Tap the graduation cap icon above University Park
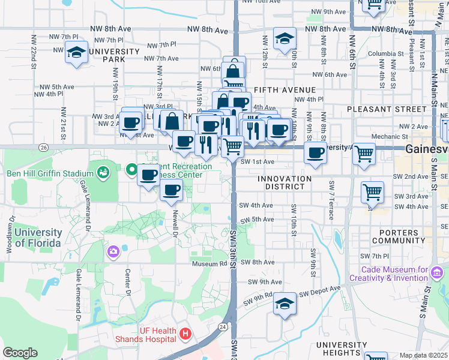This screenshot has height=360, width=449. click(77, 53)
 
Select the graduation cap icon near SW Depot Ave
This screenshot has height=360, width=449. click(285, 304)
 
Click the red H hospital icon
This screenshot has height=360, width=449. click(185, 334)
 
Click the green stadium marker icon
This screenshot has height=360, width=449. click(103, 173)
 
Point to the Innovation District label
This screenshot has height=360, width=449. click(285, 183)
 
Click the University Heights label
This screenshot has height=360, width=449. click(338, 349)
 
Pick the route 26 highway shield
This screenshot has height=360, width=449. click(43, 147)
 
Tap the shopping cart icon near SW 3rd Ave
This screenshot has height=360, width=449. click(372, 193)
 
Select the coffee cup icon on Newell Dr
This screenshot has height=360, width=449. click(171, 190)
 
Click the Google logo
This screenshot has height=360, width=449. click(20, 353)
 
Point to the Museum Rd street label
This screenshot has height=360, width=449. click(209, 263)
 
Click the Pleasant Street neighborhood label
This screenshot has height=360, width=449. click(377, 109)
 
